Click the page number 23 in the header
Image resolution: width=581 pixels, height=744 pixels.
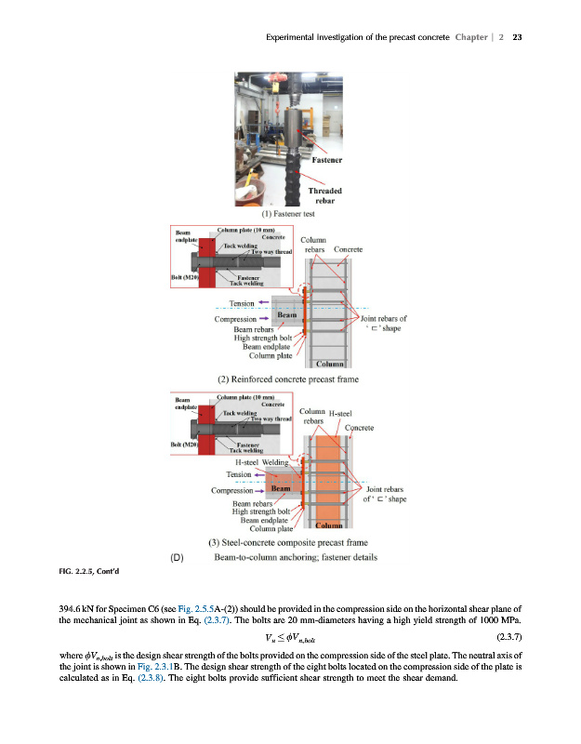coord(518,38)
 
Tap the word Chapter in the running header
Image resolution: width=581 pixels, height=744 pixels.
coord(473,38)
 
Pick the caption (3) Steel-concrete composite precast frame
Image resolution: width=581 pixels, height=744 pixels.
coord(289,543)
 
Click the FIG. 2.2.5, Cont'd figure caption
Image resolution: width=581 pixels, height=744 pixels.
coord(98,570)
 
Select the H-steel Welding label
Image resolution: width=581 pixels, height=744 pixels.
coord(261,461)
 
